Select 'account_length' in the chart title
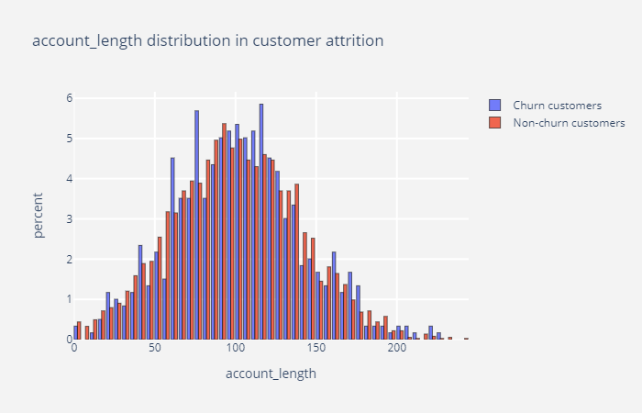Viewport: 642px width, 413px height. [x=80, y=41]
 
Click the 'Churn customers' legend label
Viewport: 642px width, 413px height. [x=557, y=105]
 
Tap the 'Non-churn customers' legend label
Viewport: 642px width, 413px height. [x=569, y=122]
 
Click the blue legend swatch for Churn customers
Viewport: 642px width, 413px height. [x=495, y=105]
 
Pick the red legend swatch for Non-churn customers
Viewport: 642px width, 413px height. [x=495, y=122]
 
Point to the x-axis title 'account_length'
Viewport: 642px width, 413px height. [x=271, y=374]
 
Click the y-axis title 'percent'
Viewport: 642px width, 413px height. [x=39, y=216]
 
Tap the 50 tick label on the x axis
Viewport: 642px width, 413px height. [x=155, y=350]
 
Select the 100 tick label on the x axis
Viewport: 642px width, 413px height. [x=236, y=350]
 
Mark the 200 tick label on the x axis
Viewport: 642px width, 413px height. [x=397, y=350]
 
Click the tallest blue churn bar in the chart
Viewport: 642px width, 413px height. [x=260, y=220]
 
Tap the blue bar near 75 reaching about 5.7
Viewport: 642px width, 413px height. [x=196, y=225]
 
